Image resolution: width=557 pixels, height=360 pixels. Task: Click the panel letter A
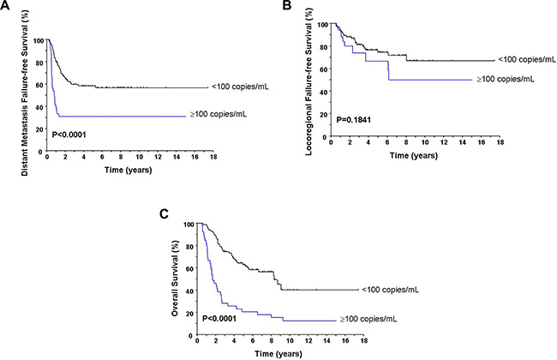(x=6, y=8)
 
